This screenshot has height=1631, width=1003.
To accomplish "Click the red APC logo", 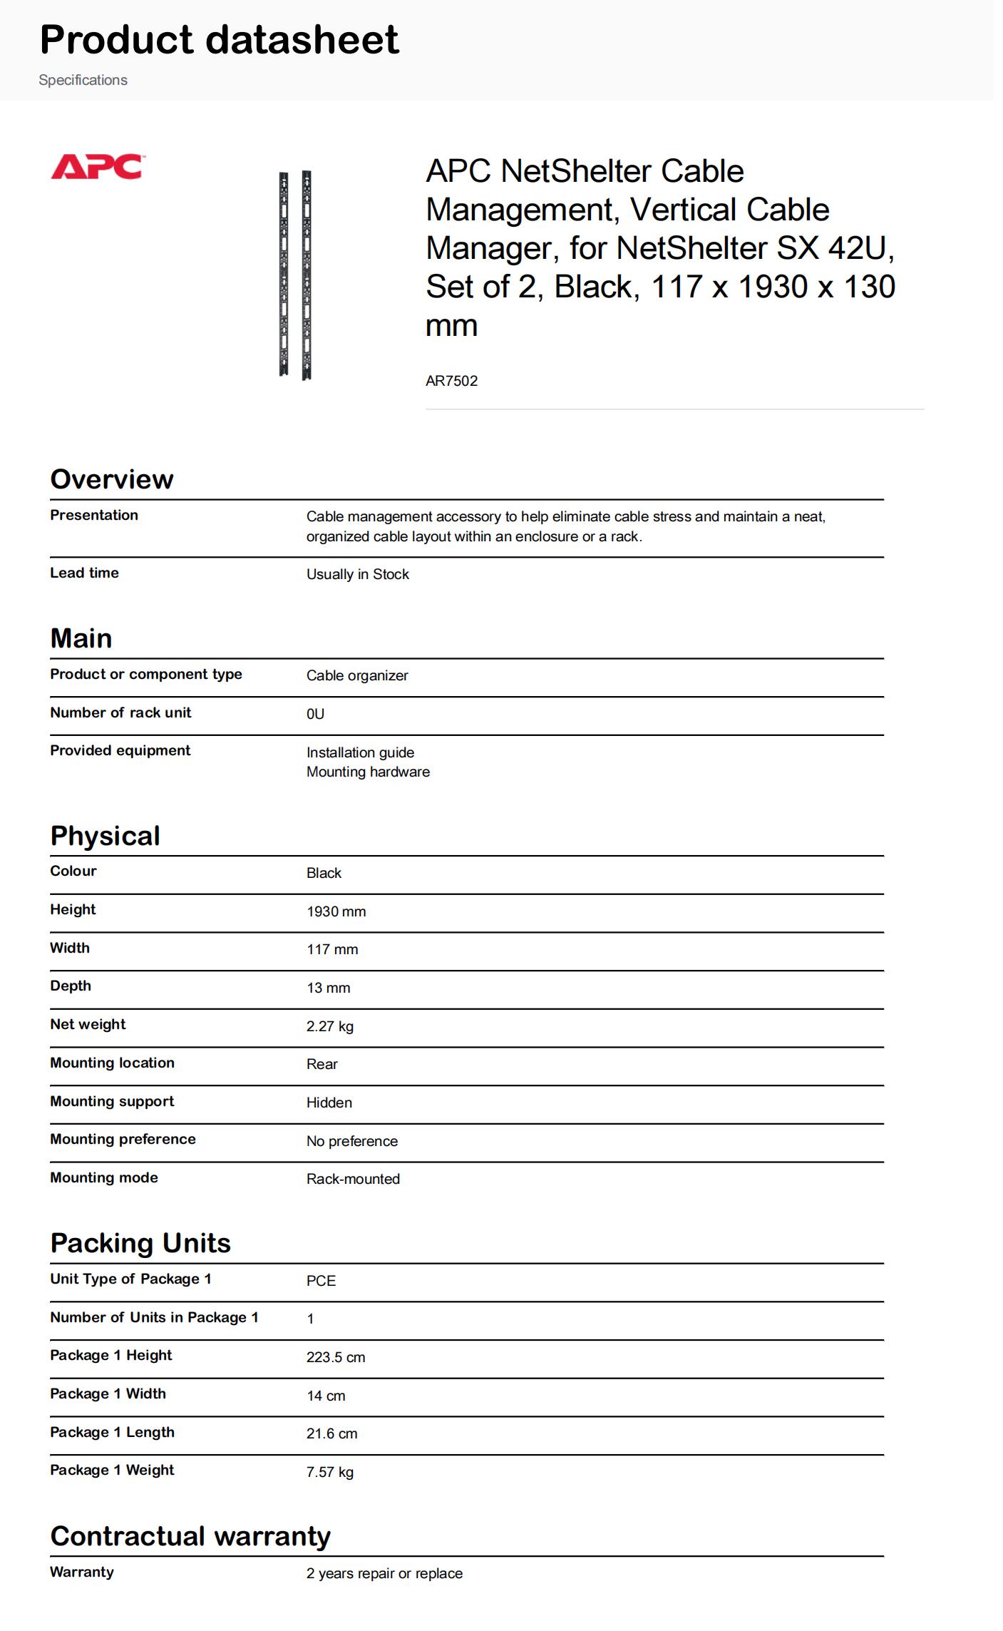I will (96, 167).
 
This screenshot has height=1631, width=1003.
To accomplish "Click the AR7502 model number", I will (451, 381).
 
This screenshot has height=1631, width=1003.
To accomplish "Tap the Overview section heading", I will (112, 479).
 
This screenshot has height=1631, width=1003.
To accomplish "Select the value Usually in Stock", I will (357, 574).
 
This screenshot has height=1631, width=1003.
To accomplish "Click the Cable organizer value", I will (357, 675).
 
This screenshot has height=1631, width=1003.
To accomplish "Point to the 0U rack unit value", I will (315, 714).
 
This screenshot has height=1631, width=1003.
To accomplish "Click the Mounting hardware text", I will (368, 772).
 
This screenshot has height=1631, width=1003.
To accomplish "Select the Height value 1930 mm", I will (336, 911).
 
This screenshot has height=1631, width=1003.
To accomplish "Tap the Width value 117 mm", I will (332, 949).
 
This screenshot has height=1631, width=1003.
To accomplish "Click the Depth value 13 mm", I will (328, 988).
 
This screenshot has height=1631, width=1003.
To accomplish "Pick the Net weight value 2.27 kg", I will (329, 1026).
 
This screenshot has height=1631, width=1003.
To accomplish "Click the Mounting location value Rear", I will (322, 1064).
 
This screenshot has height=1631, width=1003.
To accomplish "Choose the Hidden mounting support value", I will (329, 1103).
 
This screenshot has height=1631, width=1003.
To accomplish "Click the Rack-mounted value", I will (353, 1179).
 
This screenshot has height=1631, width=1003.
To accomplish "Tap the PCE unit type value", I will (321, 1281).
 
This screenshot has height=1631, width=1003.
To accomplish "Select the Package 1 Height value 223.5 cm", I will (336, 1357).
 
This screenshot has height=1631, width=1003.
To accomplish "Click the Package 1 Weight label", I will (112, 1470).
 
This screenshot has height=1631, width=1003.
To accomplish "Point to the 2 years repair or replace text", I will (384, 1573).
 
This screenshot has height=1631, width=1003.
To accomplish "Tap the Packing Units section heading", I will (140, 1243).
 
